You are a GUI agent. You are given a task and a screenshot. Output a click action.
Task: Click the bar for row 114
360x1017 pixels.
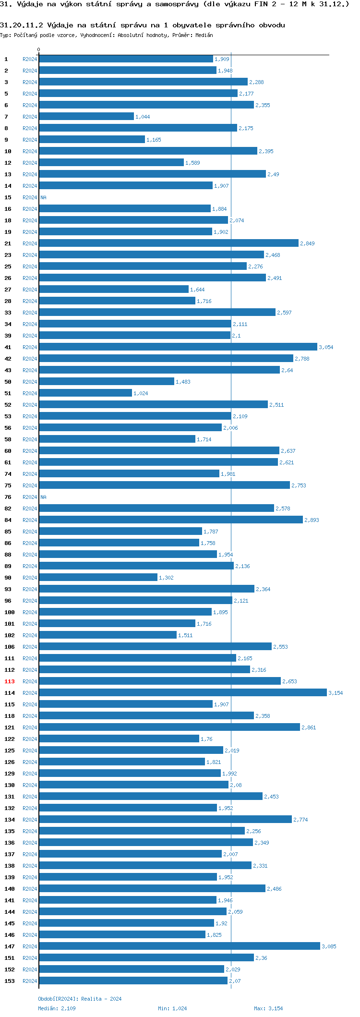[x=182, y=692]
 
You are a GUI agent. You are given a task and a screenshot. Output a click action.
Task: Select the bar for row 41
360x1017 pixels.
[x=178, y=347]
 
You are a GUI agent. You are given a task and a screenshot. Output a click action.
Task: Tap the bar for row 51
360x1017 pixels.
[x=85, y=393]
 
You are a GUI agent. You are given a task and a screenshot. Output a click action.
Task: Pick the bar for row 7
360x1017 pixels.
[x=86, y=116]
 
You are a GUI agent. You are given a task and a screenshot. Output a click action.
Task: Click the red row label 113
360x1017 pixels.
[x=10, y=681]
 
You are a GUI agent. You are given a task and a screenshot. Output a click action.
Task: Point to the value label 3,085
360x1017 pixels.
[x=329, y=946]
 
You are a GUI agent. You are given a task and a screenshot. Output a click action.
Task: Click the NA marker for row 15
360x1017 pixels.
[x=43, y=197]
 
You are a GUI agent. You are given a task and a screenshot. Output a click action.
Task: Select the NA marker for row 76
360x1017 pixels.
[x=43, y=497]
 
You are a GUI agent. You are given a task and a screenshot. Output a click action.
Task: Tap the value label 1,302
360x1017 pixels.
[x=166, y=578]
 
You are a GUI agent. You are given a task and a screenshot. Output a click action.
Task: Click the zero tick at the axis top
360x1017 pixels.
[x=39, y=49]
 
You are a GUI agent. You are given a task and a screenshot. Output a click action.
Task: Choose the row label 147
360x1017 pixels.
[x=10, y=946]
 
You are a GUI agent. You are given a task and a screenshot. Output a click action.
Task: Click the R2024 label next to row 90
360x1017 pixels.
[x=30, y=578]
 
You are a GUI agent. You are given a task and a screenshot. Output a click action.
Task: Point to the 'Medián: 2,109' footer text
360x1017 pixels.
[x=57, y=1008]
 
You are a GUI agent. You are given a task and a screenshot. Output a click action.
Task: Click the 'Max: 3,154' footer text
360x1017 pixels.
[x=268, y=1008]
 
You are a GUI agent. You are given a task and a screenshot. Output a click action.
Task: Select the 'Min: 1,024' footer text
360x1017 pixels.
[x=172, y=1008]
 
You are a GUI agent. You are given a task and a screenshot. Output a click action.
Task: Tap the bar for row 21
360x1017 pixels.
[x=168, y=243]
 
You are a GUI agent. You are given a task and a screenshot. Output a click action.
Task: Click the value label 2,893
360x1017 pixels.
[x=312, y=520]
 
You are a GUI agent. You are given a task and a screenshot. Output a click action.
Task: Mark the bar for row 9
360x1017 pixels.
[x=92, y=139]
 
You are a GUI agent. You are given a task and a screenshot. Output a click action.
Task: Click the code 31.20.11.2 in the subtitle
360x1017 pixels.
[x=22, y=25]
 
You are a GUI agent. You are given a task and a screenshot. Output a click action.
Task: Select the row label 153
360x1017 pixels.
[x=10, y=981]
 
